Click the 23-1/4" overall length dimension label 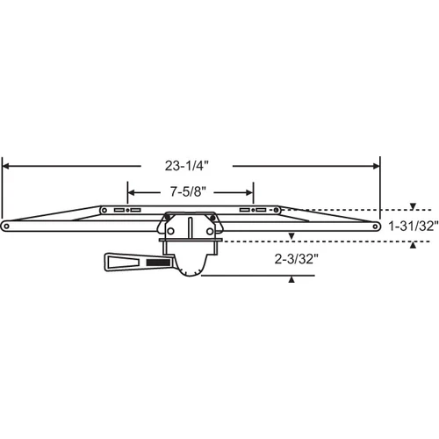pos(186,166)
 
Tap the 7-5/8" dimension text pos(188,192)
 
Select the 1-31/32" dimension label pos(414,226)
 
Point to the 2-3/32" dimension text pos(296,259)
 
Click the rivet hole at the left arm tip pos(6,226)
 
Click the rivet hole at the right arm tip pos(375,227)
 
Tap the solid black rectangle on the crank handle pos(158,263)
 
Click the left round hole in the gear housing pos(170,231)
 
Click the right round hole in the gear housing pos(210,232)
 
